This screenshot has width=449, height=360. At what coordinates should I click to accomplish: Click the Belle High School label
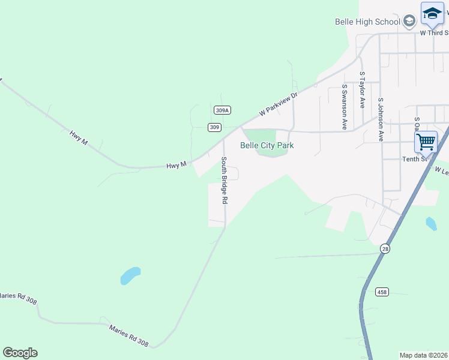pos(367,22)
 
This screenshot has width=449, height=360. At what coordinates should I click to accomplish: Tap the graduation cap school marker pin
pos(432,14)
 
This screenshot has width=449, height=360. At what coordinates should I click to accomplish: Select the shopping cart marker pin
pos(426,142)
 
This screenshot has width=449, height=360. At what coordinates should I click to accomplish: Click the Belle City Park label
pos(267,145)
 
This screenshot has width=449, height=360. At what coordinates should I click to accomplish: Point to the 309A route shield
pos(222,110)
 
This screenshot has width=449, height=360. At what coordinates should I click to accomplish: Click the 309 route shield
pos(215,127)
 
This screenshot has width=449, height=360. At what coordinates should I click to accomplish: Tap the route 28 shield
pos(385,248)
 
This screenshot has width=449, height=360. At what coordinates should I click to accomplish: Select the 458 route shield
pos(382,292)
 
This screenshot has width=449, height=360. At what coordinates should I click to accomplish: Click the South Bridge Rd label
pos(224,181)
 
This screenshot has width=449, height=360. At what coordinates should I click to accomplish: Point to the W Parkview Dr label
pos(279,104)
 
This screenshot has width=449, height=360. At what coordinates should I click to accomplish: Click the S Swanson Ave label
pos(345,107)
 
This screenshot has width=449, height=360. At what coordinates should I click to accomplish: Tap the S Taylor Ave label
pos(362,91)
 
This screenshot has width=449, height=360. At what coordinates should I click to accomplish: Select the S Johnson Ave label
pos(381,119)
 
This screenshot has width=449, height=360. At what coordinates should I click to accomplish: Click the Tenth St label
pos(415,158)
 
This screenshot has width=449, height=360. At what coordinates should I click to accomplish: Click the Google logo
pos(20,353)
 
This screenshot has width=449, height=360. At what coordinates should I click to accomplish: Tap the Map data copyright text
pos(424,355)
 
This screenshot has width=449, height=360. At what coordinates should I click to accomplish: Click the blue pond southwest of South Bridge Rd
pos(130,275)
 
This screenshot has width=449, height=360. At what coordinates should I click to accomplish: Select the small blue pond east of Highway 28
pos(431,224)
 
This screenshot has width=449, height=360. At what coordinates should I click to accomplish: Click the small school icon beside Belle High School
pos(409,22)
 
